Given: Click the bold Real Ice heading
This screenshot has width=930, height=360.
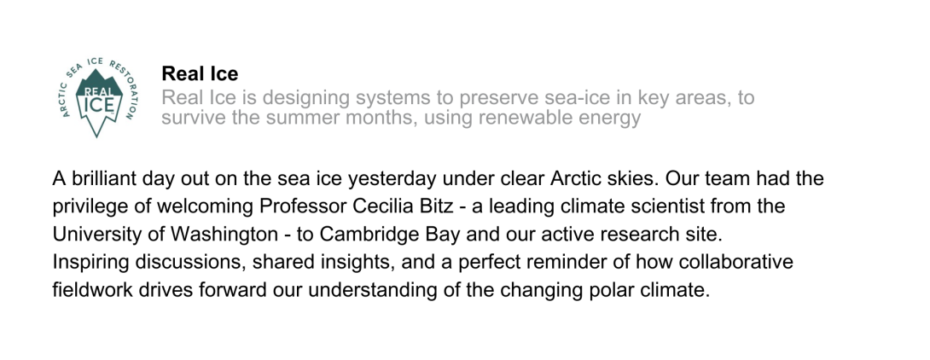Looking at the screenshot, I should tap(200, 74).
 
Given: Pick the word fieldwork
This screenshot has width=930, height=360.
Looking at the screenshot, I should tap(90, 289).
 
